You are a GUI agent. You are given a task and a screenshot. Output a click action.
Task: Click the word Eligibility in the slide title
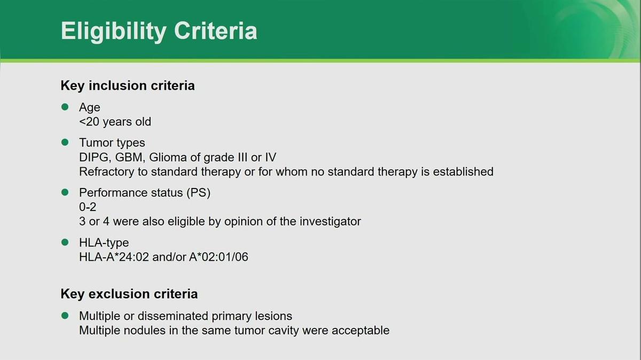pos(114,32)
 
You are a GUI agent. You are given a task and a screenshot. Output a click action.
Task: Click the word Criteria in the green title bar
pos(216,30)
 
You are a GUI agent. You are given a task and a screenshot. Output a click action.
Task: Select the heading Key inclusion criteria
pos(128,86)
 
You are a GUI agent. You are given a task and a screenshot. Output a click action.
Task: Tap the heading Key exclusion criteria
pos(129,294)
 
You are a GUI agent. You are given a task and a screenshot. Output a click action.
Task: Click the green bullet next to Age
pos(65,107)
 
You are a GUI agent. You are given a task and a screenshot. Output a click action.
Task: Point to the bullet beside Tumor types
pos(65,142)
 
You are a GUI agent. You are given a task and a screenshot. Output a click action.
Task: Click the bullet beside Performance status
pos(65,192)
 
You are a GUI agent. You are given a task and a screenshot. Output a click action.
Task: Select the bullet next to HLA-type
pos(65,242)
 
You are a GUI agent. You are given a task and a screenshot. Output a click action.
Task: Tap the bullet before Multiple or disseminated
pos(65,316)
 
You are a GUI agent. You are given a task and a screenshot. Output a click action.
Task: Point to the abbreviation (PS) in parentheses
pos(198,193)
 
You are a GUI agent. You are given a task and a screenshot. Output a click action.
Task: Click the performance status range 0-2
pos(88,207)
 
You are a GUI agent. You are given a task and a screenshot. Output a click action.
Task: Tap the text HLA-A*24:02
pos(114,257)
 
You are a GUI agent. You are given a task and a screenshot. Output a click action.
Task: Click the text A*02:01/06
pos(218,257)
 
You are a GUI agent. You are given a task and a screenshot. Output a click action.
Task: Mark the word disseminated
pos(173,316)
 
